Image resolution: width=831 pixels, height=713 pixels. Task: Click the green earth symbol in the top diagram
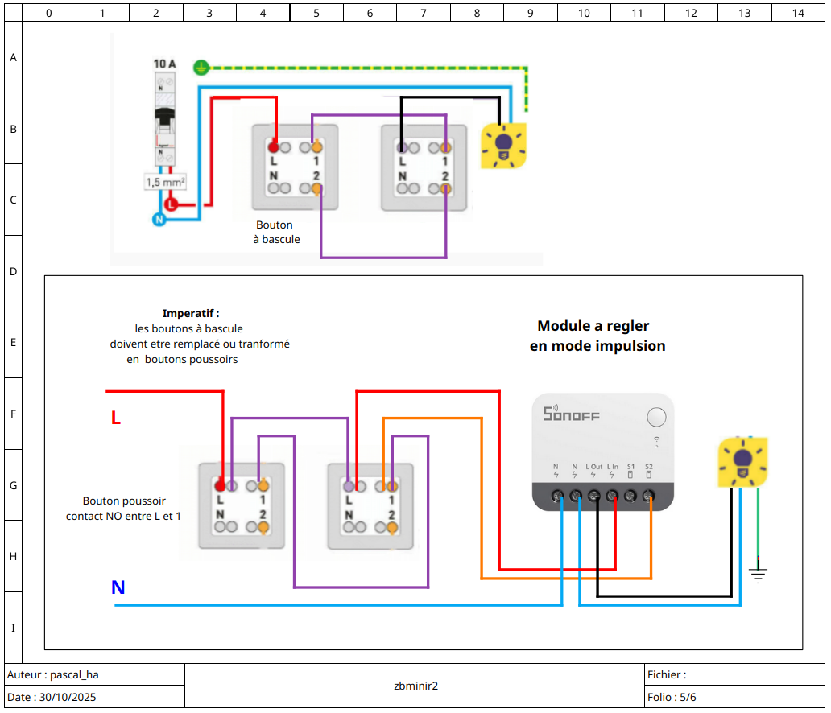pyautogui.click(x=201, y=68)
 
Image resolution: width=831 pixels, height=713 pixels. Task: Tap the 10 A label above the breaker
pyautogui.click(x=165, y=64)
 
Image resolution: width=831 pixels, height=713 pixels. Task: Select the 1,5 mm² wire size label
pyautogui.click(x=165, y=182)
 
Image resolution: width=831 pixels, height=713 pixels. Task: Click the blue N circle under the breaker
pyautogui.click(x=159, y=219)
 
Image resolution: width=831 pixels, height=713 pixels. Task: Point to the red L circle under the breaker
pyautogui.click(x=171, y=204)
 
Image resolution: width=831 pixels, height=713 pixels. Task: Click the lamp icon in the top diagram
pyautogui.click(x=503, y=146)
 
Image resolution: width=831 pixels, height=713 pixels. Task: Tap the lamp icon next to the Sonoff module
pyautogui.click(x=742, y=462)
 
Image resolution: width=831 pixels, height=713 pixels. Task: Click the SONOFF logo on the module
pyautogui.click(x=572, y=413)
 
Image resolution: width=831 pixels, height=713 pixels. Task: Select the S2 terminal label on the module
pyautogui.click(x=649, y=467)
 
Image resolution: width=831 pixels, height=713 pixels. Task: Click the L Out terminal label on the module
pyautogui.click(x=593, y=467)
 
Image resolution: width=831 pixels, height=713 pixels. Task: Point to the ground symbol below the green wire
pyautogui.click(x=759, y=575)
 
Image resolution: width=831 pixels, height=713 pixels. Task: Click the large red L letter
pyautogui.click(x=116, y=418)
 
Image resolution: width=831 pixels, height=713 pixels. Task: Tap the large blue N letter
pyautogui.click(x=118, y=587)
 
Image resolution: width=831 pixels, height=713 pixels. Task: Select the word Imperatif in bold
pyautogui.click(x=188, y=313)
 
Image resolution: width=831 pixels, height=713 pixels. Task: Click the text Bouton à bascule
pyautogui.click(x=276, y=232)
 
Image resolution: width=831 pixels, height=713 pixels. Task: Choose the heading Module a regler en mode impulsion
pyautogui.click(x=597, y=336)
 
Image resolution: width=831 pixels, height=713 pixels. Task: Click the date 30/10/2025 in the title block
pyautogui.click(x=68, y=697)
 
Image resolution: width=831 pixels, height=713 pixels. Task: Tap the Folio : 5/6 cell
pyautogui.click(x=672, y=697)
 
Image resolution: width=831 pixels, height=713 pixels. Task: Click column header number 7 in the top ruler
pyautogui.click(x=424, y=13)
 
